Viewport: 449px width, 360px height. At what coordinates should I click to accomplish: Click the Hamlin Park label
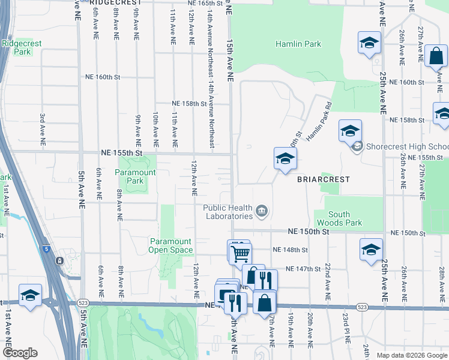[298, 44]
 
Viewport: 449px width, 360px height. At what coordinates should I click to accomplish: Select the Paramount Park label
[135, 176]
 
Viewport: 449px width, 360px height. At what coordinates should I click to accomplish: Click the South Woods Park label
[347, 218]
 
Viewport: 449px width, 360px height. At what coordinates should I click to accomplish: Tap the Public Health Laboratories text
[227, 212]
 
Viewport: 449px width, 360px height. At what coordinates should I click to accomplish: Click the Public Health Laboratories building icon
[262, 211]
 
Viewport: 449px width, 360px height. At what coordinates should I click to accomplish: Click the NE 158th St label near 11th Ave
[189, 104]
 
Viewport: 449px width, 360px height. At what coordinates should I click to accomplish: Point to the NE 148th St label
[290, 250]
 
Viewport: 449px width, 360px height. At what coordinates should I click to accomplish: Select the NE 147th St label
[304, 269]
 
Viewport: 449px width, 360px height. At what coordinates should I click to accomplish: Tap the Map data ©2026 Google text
[412, 355]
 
